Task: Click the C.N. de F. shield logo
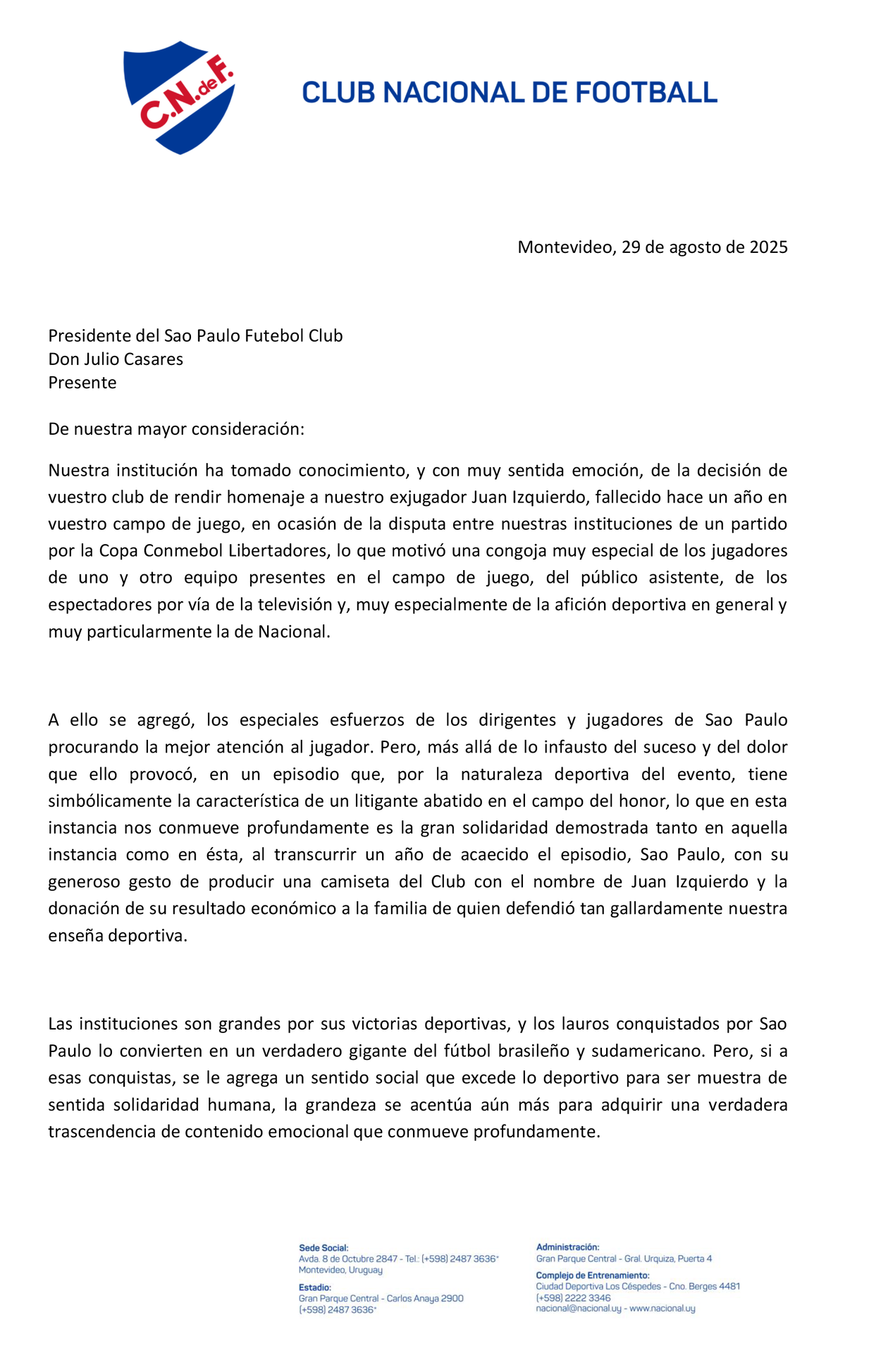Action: pos(179,97)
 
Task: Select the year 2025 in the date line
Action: pos(768,247)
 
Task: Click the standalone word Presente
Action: pos(82,383)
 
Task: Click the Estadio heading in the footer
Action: pos(314,1287)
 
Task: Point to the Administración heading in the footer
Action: pos(567,1247)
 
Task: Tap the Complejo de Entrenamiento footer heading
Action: pos(592,1275)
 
